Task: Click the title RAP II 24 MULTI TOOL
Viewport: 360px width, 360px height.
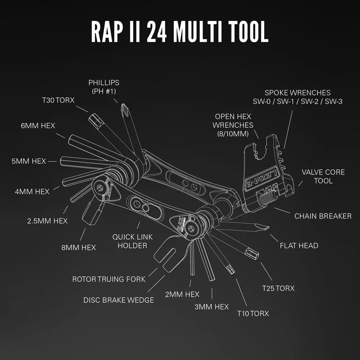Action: pyautogui.click(x=180, y=32)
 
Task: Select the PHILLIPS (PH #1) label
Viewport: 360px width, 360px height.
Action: pyautogui.click(x=104, y=87)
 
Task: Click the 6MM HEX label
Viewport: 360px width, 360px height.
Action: pyautogui.click(x=38, y=126)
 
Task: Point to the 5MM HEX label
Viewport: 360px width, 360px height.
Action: pyautogui.click(x=29, y=161)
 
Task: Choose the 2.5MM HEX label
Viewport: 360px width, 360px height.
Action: pyautogui.click(x=47, y=221)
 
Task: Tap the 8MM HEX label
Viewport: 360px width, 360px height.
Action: pyautogui.click(x=78, y=247)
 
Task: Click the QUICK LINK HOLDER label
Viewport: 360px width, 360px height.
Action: pyautogui.click(x=132, y=241)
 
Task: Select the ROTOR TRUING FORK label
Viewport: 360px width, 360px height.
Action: pyautogui.click(x=109, y=279)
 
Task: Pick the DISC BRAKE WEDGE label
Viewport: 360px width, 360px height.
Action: pyautogui.click(x=118, y=300)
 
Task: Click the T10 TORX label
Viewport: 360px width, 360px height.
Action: pyautogui.click(x=253, y=313)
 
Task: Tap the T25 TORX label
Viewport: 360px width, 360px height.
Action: pyautogui.click(x=278, y=288)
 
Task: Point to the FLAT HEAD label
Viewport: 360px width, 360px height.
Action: pyautogui.click(x=299, y=246)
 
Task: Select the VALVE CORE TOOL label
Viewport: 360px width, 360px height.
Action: pyautogui.click(x=323, y=176)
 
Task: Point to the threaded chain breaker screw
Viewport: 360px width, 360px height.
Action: pyautogui.click(x=268, y=198)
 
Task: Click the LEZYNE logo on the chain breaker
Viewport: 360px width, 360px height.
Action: pyautogui.click(x=261, y=178)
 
